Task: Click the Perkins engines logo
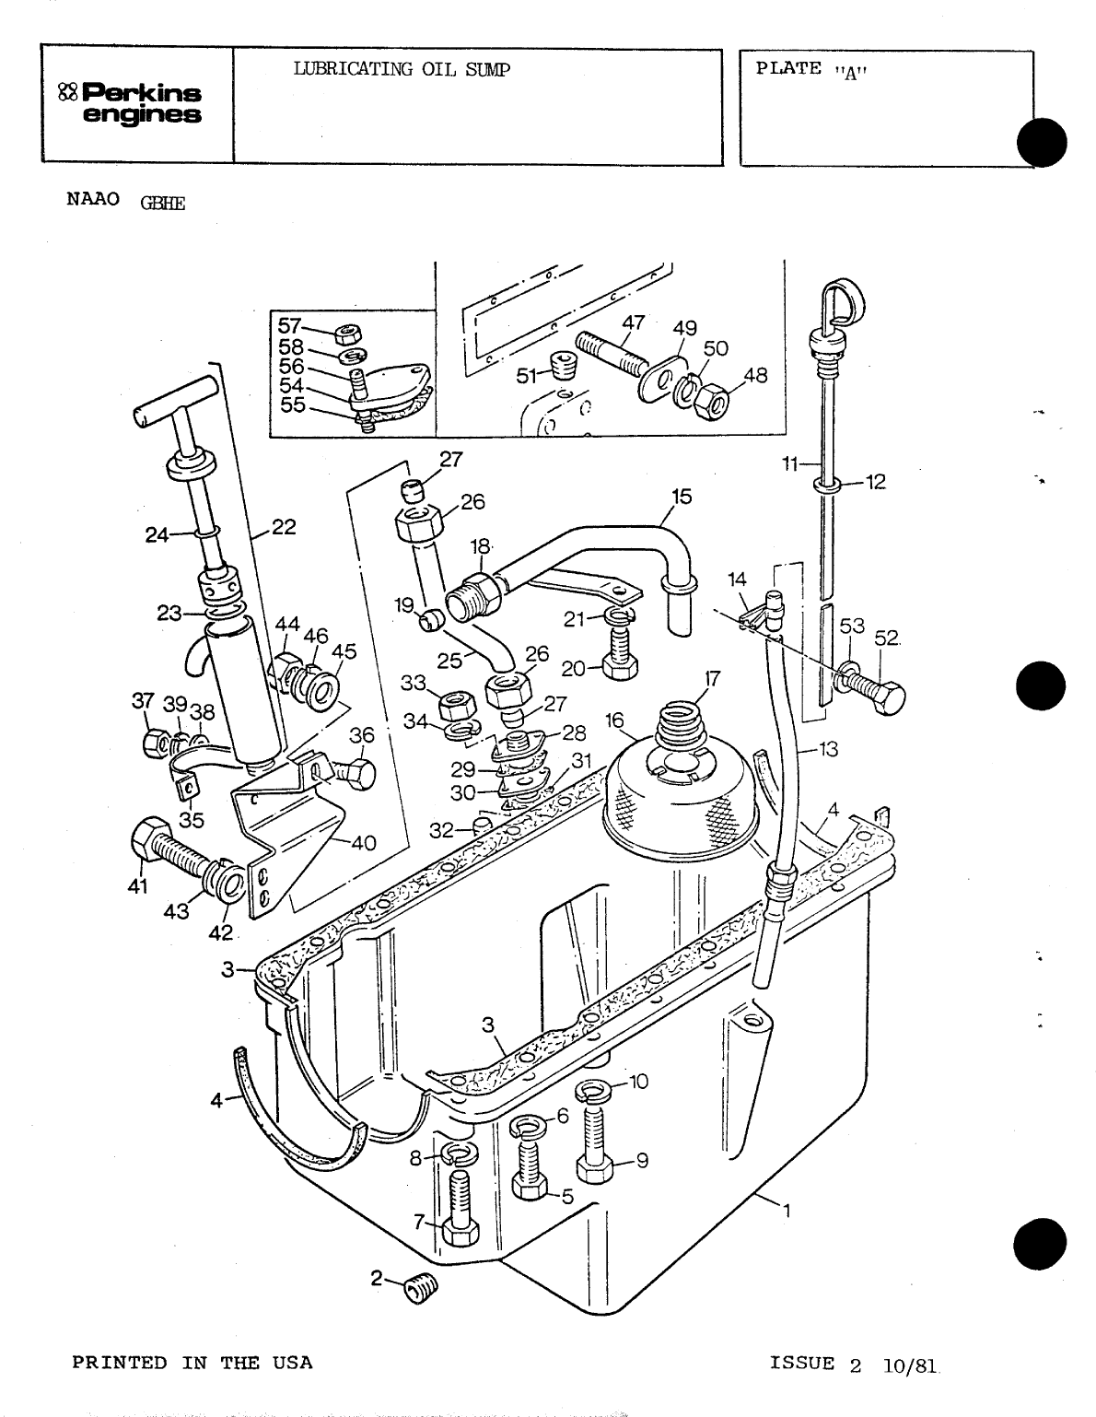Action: point(131,103)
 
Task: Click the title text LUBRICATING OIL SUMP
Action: point(401,69)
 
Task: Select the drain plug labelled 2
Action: point(422,1287)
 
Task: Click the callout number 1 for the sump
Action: point(786,1212)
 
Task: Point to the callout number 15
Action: point(681,498)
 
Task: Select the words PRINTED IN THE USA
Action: point(192,1363)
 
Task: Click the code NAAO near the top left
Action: point(93,200)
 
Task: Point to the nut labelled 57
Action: point(348,332)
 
